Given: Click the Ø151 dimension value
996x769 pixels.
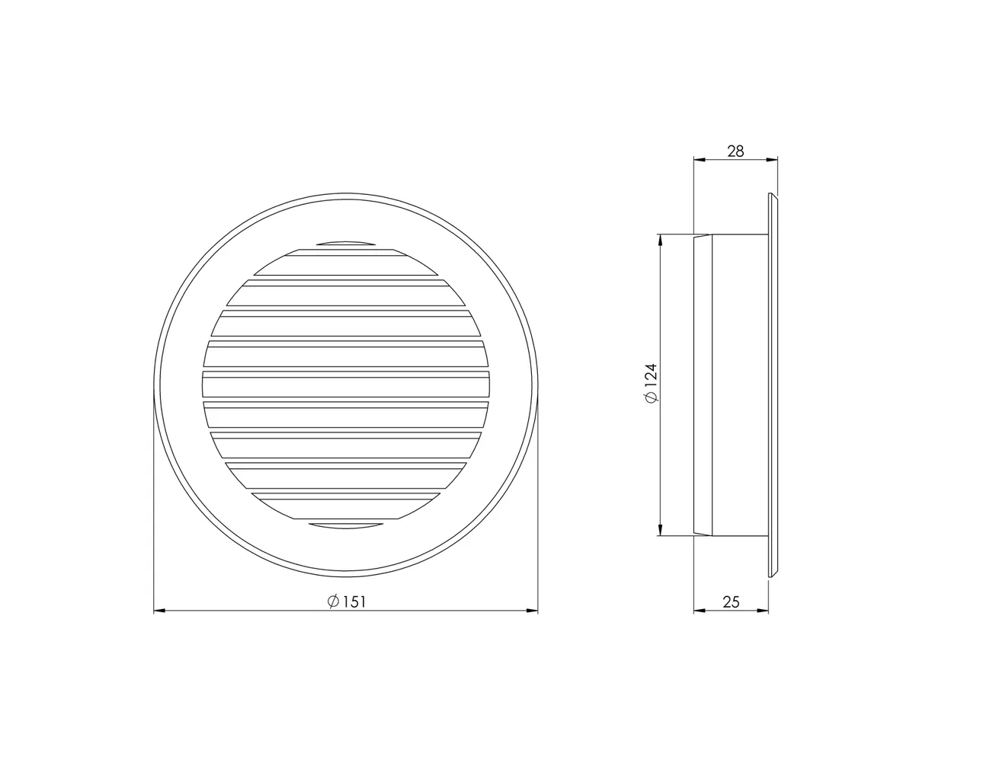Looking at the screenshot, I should (x=347, y=601).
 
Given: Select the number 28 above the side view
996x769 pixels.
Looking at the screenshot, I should (x=735, y=151).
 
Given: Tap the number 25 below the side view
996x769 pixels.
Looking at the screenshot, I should (x=730, y=602).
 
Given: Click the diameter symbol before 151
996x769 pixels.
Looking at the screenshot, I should (x=332, y=601).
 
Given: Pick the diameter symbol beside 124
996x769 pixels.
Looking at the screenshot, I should (x=650, y=399).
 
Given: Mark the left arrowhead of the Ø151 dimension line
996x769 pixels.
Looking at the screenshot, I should (x=159, y=610).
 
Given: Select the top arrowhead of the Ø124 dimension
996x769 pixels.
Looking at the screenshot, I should (x=660, y=239).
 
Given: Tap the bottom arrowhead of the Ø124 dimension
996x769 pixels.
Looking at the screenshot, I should (x=660, y=531).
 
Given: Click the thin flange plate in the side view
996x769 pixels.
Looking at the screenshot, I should (x=772, y=384).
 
